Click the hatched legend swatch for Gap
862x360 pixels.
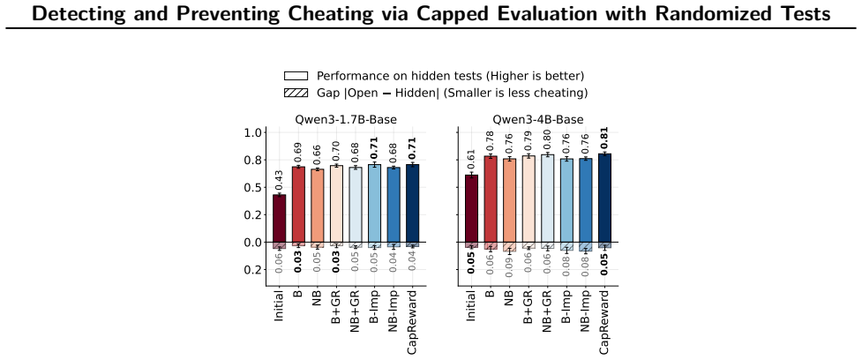(296, 93)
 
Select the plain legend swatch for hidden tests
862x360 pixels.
(296, 76)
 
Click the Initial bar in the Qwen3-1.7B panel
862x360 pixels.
(280, 218)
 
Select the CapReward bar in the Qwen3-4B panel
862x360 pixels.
(604, 198)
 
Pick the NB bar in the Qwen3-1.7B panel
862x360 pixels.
(318, 206)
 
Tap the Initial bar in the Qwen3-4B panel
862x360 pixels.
(471, 208)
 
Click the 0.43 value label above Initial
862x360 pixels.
(280, 180)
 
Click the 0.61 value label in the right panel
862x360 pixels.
(471, 160)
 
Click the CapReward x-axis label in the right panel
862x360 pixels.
(604, 320)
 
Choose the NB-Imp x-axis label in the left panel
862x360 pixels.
(394, 314)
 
